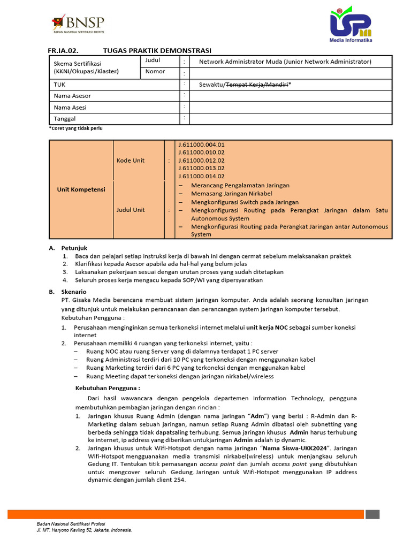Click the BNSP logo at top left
point(78,24)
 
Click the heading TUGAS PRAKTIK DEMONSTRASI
point(157,50)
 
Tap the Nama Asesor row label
point(72,96)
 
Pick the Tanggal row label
point(65,118)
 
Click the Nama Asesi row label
point(70,107)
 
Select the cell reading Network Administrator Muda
point(285,62)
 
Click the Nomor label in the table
point(155,72)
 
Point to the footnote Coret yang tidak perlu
point(75,128)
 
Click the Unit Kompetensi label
point(81,189)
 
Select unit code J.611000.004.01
point(202,144)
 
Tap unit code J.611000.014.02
point(202,176)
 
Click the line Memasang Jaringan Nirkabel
point(232,194)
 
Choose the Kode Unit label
point(131,161)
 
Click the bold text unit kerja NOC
point(267,327)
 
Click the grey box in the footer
point(372,514)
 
